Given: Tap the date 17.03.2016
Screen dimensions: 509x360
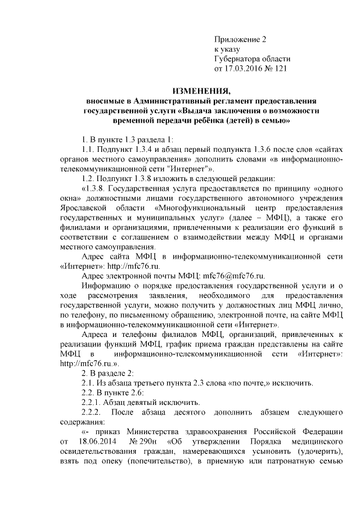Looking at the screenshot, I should (244, 69).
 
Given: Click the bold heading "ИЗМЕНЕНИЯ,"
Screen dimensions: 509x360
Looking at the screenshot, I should (201, 90).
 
